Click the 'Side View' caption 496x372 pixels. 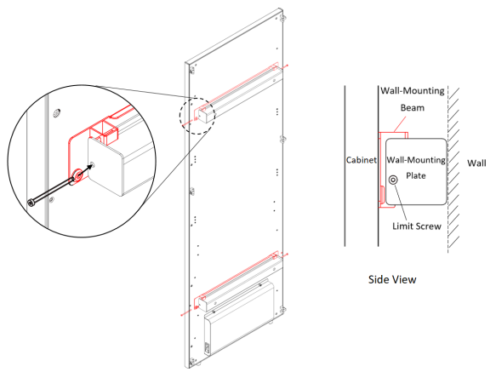pos(392,279)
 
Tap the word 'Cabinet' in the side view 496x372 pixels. pos(361,160)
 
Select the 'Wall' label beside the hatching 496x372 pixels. pos(476,163)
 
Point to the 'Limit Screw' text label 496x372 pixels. pos(417,226)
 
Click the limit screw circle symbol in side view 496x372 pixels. pos(393,180)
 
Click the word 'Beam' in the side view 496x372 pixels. pos(412,108)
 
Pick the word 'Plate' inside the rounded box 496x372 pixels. pos(416,175)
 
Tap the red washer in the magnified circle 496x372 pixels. pos(77,175)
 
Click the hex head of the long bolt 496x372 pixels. pos(31,203)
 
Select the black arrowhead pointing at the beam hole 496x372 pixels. pos(90,167)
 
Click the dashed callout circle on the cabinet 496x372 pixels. pos(197,115)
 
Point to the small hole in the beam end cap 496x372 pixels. pos(93,164)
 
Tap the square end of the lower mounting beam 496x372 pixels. pos(202,303)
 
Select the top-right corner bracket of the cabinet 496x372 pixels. pos(282,18)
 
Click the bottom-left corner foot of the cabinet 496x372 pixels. pos(191,363)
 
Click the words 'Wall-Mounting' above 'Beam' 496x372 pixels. pos(413,91)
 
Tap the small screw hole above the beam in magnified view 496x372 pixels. pos(57,112)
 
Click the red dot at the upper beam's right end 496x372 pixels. pos(287,66)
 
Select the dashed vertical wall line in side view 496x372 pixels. pos(448,170)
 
